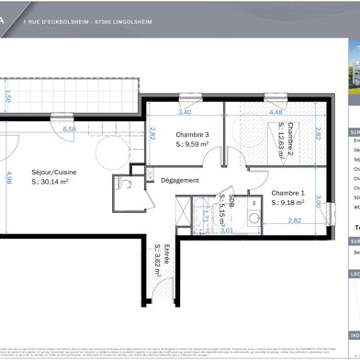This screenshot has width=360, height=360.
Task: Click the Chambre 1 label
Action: pos(289,192)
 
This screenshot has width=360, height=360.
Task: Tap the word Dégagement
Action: pos(179,180)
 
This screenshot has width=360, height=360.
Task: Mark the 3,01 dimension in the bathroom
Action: pos(225,231)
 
